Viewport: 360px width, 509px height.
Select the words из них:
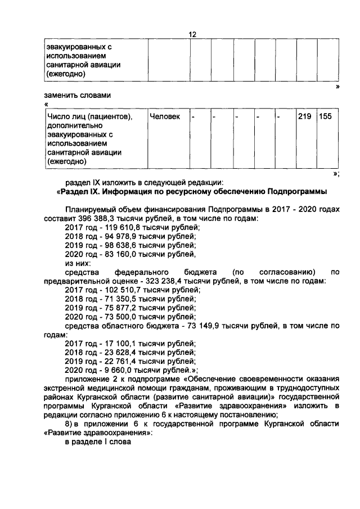pyautogui.click(x=79, y=263)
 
